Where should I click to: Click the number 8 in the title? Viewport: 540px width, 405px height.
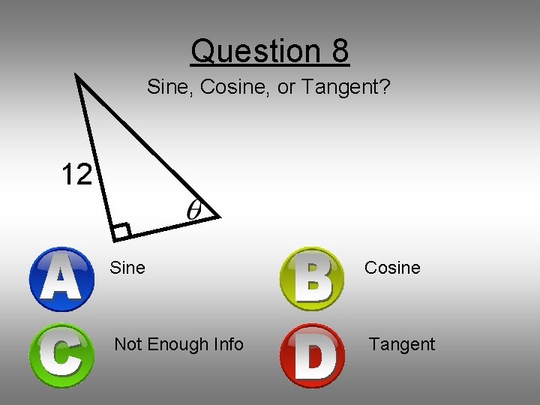pos(338,51)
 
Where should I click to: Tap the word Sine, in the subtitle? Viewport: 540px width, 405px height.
pos(166,87)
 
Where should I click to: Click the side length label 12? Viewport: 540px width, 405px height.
pos(76,175)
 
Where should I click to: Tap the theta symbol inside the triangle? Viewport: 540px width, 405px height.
pos(194,209)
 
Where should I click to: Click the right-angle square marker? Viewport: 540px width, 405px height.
pos(121,231)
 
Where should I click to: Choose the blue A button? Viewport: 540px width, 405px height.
pos(61,278)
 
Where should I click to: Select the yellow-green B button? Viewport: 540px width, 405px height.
pos(312,279)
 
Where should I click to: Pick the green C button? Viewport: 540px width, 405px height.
pos(61,355)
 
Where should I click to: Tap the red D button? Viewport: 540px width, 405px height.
pos(312,355)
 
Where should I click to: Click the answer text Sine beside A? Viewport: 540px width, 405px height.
pos(127,268)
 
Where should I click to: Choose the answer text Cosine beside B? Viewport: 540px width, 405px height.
pos(392,268)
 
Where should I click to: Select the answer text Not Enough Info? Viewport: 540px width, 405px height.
pos(178,344)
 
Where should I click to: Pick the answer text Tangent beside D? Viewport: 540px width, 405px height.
pos(401,344)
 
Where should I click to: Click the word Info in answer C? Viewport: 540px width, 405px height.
pos(227,344)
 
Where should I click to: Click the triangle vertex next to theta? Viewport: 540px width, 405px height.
pos(219,217)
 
